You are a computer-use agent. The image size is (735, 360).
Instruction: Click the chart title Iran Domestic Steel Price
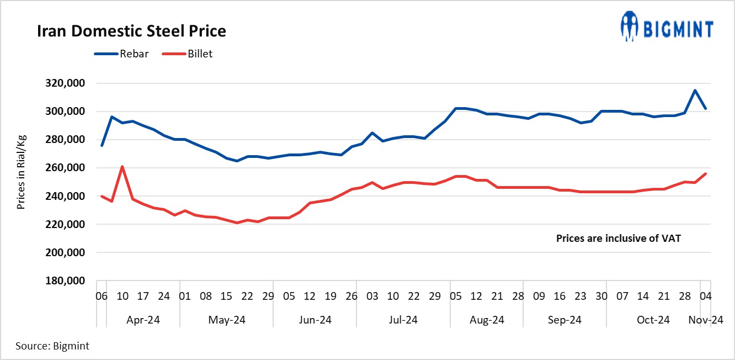(131, 31)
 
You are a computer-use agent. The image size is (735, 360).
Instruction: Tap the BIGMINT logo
(667, 27)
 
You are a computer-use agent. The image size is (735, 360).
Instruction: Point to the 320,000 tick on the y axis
(66, 83)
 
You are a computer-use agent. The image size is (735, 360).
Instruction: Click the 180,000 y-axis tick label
(66, 281)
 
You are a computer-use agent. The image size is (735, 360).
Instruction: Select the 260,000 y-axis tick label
(66, 168)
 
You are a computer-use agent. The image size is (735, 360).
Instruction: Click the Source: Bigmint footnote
(52, 346)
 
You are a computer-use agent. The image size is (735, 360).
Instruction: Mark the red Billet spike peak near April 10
(122, 166)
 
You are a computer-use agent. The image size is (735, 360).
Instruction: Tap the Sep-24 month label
(564, 320)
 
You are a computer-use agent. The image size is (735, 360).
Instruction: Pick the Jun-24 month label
(315, 320)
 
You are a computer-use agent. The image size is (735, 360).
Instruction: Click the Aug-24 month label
(487, 320)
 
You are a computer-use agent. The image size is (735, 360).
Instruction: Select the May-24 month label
(227, 320)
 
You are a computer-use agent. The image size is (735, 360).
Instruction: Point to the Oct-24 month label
(653, 320)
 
